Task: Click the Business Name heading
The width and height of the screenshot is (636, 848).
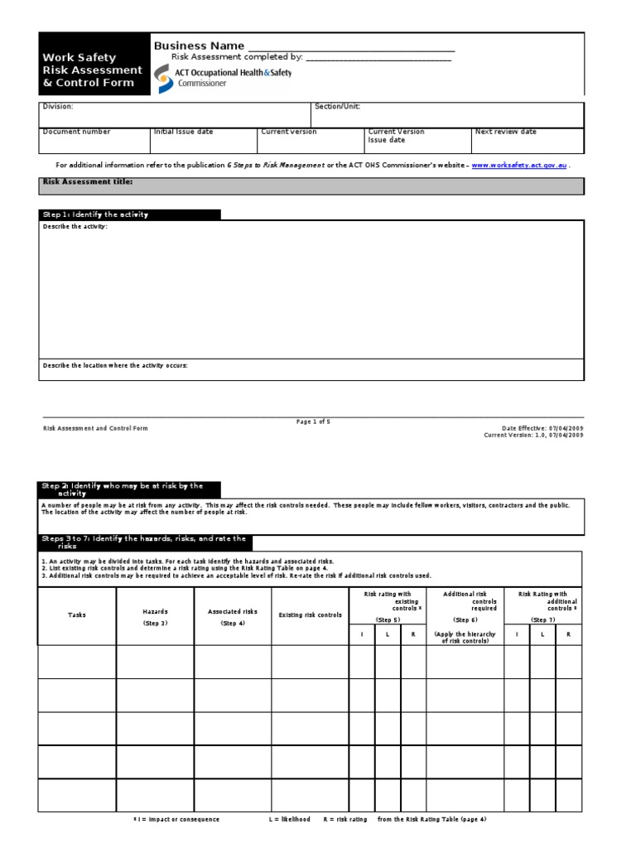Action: coord(199,46)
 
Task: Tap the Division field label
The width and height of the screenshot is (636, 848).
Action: coord(58,107)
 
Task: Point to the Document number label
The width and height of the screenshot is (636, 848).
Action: coord(76,132)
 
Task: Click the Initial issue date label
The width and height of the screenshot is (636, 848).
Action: coord(183,132)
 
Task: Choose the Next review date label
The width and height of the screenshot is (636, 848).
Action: coord(505,132)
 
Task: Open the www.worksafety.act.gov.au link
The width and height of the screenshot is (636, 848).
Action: coord(519,166)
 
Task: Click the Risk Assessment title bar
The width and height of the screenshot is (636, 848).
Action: coord(311,185)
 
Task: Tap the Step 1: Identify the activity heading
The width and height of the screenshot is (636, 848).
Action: coord(95,214)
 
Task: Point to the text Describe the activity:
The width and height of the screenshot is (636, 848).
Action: coord(75,226)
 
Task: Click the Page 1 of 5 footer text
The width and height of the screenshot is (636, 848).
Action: coord(313,422)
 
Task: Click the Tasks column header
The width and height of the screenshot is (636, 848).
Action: coord(77,615)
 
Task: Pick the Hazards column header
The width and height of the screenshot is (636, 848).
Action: coord(155,612)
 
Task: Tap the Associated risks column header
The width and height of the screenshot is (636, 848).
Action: coord(233,612)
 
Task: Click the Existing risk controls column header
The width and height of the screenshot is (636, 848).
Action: coord(310,615)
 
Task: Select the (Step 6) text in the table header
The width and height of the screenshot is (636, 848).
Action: coord(465,619)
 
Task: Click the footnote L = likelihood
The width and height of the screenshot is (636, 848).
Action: coord(289,819)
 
